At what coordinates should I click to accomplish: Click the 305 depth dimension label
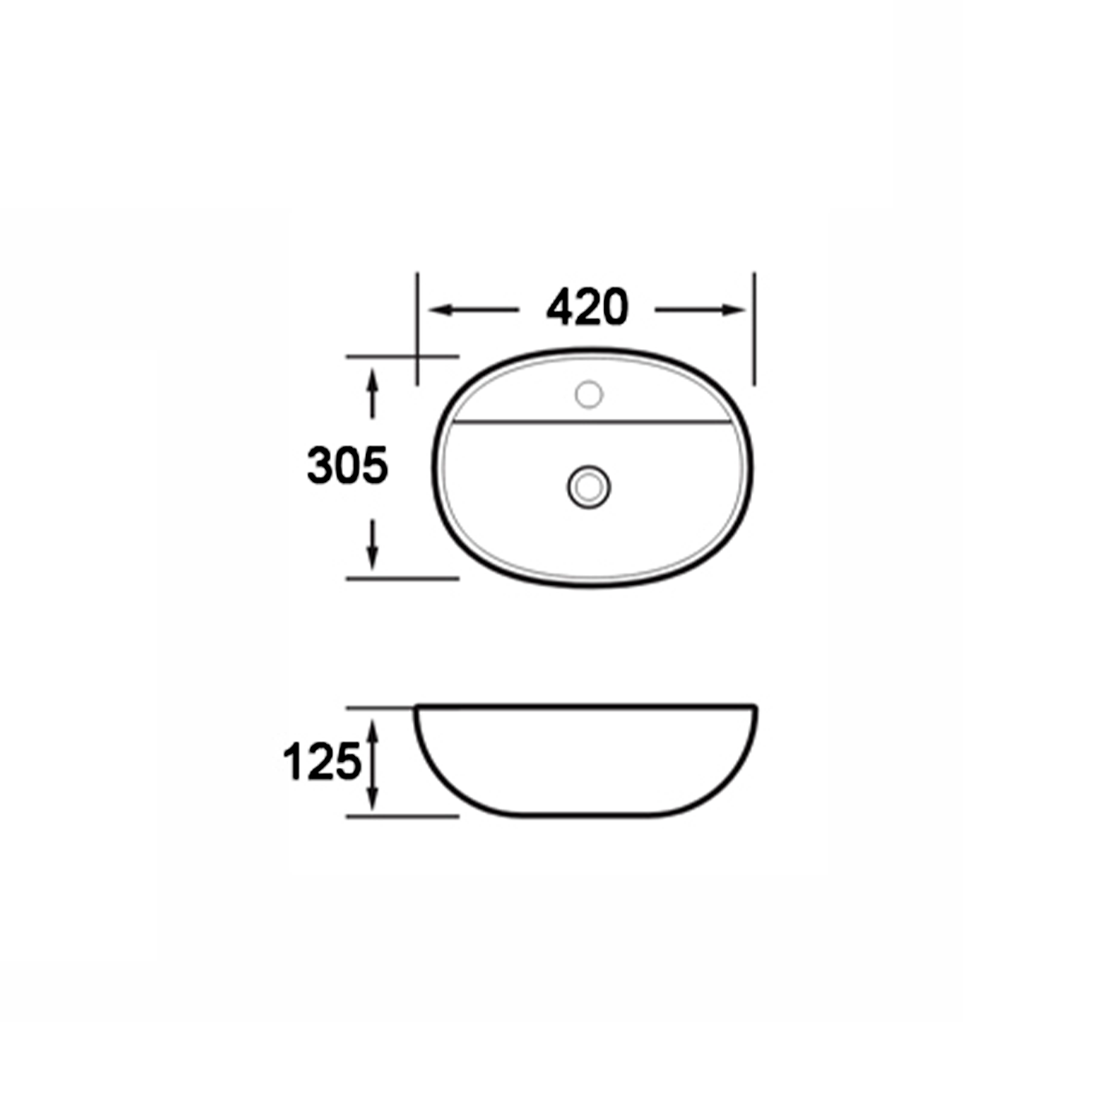(347, 466)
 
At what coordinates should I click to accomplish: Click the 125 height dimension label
(322, 762)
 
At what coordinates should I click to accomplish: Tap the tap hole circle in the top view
(589, 394)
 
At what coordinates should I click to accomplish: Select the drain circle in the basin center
(589, 487)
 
